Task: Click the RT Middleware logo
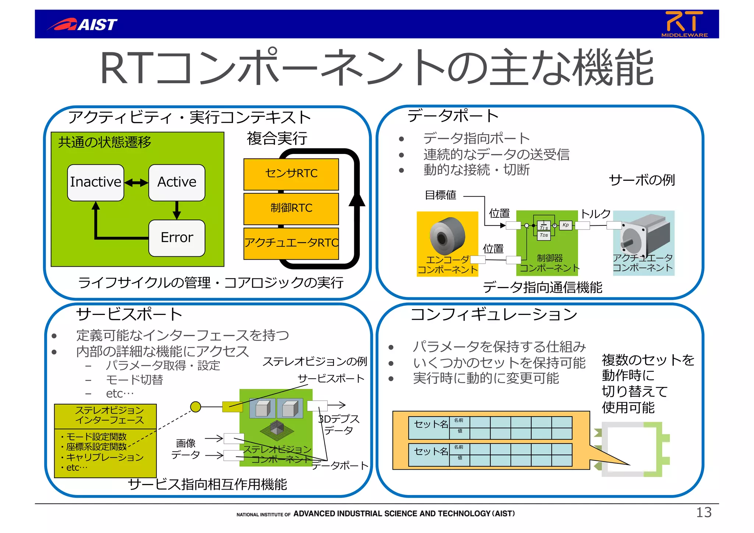[x=684, y=24]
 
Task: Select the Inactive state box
[x=95, y=182]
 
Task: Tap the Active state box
[x=177, y=182]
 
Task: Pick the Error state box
[x=177, y=238]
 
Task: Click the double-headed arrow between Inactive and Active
[x=136, y=183]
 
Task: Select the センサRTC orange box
[x=291, y=173]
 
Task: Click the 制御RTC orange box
[x=291, y=208]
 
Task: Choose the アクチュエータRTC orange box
[x=291, y=243]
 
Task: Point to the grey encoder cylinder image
[x=447, y=236]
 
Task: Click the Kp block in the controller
[x=565, y=225]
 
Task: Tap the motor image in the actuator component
[x=644, y=236]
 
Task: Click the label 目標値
[x=440, y=195]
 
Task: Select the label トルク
[x=595, y=214]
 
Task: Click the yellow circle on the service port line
[x=195, y=407]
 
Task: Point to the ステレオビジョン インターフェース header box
[x=105, y=416]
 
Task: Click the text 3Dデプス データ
[x=339, y=424]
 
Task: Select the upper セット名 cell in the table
[x=430, y=424]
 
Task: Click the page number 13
[x=703, y=512]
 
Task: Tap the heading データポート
[x=453, y=116]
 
